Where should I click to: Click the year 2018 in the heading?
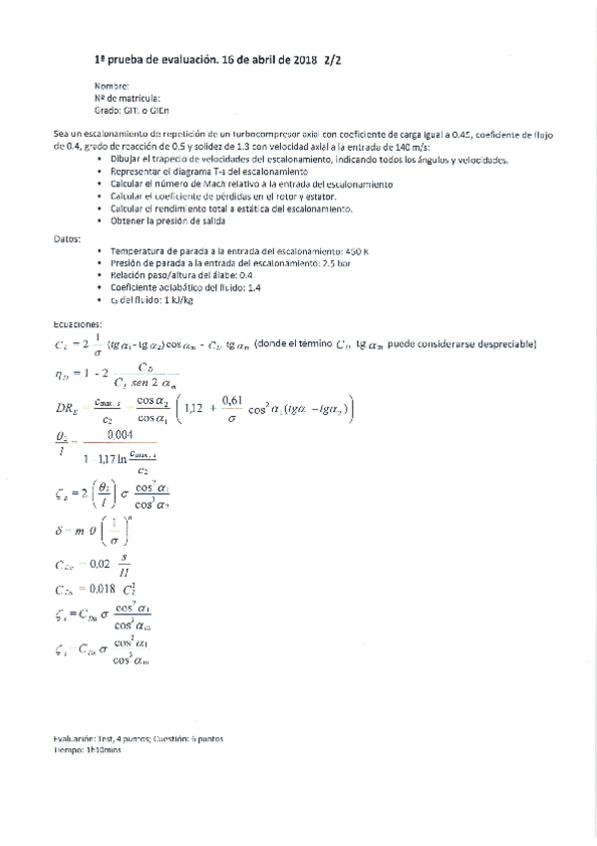pos(303,60)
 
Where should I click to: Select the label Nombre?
pos(112,87)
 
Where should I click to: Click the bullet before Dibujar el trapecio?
pos(100,161)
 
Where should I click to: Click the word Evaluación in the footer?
pos(76,739)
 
